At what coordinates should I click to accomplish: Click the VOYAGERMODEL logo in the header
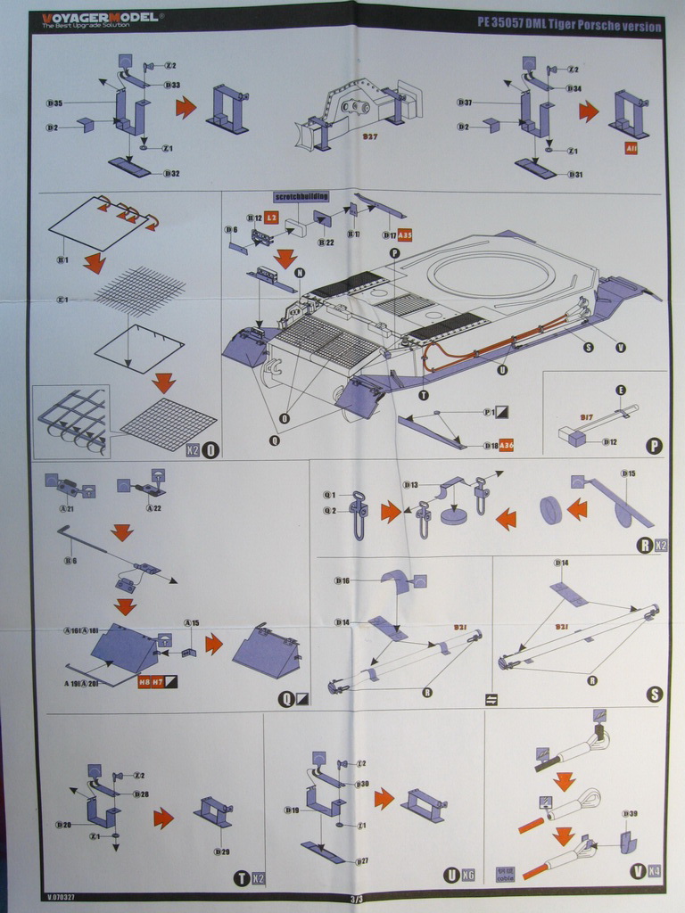click(97, 18)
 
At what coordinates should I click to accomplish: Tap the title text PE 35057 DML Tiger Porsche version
click(569, 27)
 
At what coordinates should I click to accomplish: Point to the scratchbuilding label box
click(301, 196)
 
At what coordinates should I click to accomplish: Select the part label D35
click(54, 103)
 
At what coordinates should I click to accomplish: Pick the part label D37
click(464, 103)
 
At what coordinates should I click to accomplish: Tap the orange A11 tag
click(631, 149)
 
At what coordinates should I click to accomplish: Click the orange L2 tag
click(272, 217)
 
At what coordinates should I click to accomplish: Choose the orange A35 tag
click(405, 235)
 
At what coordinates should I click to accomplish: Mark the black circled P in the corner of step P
click(654, 446)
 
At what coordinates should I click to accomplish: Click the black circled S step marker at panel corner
click(654, 693)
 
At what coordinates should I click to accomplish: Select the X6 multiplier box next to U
click(469, 876)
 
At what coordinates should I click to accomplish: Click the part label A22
click(153, 508)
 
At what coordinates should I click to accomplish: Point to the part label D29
click(221, 851)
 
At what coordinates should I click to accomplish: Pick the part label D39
click(630, 814)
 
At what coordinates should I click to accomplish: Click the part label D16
click(342, 580)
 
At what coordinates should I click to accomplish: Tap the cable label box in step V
click(505, 875)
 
